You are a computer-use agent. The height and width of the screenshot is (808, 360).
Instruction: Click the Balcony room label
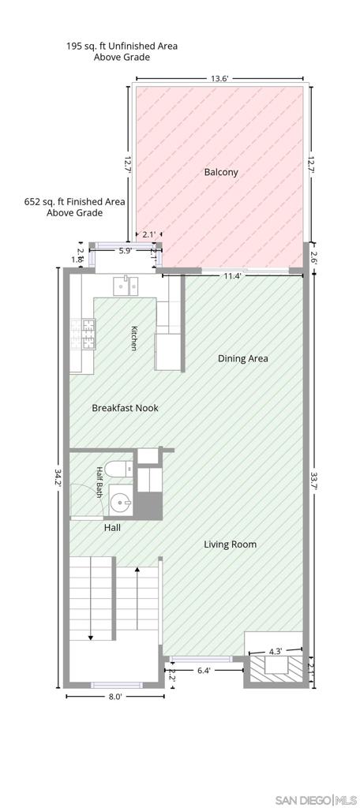[x=221, y=172]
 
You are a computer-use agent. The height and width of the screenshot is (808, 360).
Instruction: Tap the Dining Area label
[x=243, y=358]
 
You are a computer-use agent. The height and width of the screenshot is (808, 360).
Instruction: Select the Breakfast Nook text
[x=125, y=408]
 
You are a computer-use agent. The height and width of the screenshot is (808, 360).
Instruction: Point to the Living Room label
[x=230, y=544]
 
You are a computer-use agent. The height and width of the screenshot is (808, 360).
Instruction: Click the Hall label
[x=112, y=528]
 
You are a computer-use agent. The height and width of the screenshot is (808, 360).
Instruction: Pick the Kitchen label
[x=133, y=339]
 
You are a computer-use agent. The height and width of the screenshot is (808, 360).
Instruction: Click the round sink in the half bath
[x=121, y=499]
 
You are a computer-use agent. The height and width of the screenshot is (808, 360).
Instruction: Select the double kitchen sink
[x=126, y=285]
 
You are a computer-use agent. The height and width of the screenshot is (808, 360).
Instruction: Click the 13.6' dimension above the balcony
[x=219, y=78]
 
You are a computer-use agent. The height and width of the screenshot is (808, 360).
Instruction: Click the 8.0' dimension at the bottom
[x=115, y=696]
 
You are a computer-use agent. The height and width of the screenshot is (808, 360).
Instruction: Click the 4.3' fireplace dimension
[x=275, y=651]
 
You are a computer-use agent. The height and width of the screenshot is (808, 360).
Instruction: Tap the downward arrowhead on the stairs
[x=91, y=638]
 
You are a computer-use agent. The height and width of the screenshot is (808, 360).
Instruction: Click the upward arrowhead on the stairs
[x=137, y=570]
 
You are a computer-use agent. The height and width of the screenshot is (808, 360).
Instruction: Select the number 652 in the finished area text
[x=32, y=201]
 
